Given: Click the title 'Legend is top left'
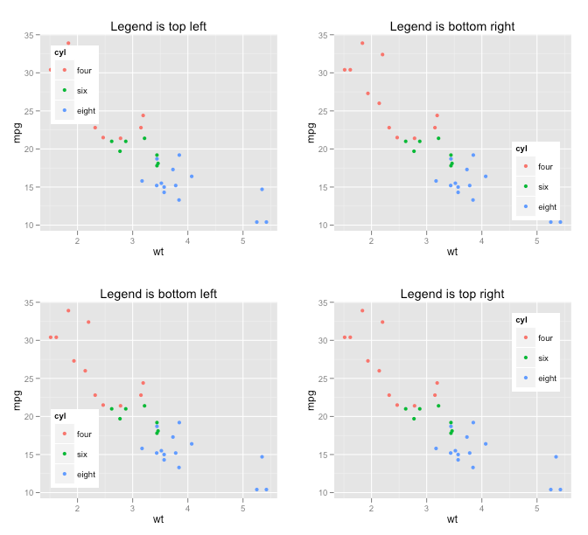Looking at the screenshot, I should [x=158, y=26].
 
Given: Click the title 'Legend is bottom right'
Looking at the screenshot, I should [x=452, y=26].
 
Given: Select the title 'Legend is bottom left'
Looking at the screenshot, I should [x=158, y=294].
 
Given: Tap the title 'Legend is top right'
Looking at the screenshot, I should [x=452, y=294].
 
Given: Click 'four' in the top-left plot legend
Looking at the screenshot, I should [x=84, y=71].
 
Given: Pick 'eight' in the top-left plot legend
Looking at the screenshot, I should [x=86, y=111].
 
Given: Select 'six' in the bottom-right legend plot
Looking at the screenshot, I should [x=542, y=187].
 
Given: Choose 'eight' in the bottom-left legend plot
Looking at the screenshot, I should [x=86, y=475].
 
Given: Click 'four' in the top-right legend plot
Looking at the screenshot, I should [x=545, y=338].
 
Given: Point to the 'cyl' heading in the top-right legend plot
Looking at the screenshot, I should [x=521, y=320].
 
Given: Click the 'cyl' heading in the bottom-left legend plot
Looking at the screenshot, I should [x=60, y=416].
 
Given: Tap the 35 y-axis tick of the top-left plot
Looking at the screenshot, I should [x=30, y=36].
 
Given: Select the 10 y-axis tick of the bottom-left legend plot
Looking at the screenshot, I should [x=30, y=493].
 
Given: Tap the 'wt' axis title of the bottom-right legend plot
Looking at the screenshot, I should [x=452, y=253].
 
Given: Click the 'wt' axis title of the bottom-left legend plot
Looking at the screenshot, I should [x=158, y=520].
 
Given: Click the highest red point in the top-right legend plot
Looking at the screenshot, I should [x=362, y=310].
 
